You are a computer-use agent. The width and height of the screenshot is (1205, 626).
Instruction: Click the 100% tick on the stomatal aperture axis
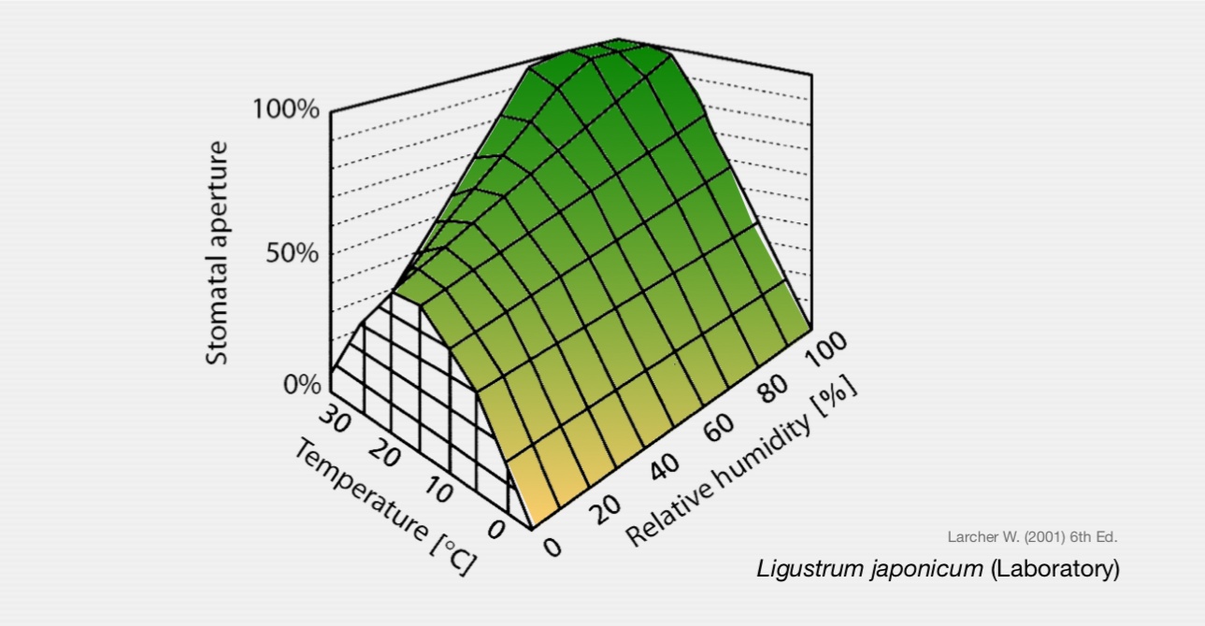coord(286,109)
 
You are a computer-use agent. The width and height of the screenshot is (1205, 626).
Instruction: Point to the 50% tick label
coord(292,253)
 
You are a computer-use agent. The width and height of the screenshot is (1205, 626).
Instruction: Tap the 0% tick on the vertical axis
coord(301,384)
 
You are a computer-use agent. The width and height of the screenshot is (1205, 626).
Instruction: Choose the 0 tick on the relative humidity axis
coord(552,546)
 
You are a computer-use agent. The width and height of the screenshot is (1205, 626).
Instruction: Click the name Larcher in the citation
coord(972,537)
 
